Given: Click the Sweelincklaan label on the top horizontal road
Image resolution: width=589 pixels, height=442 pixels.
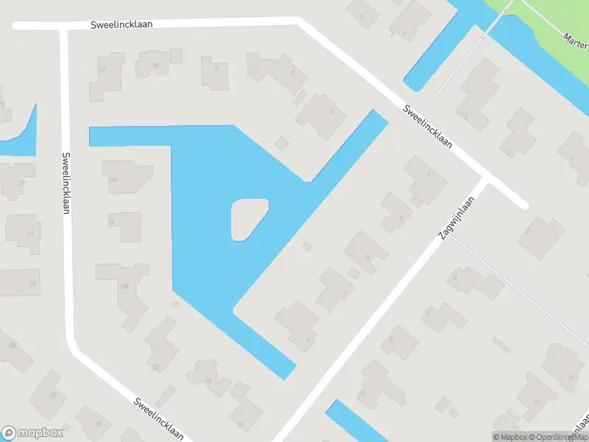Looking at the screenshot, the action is click(x=121, y=24).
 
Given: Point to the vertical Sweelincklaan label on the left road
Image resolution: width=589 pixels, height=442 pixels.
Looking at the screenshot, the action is click(x=66, y=183).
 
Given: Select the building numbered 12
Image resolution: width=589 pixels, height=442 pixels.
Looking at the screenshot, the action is click(x=110, y=72).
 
